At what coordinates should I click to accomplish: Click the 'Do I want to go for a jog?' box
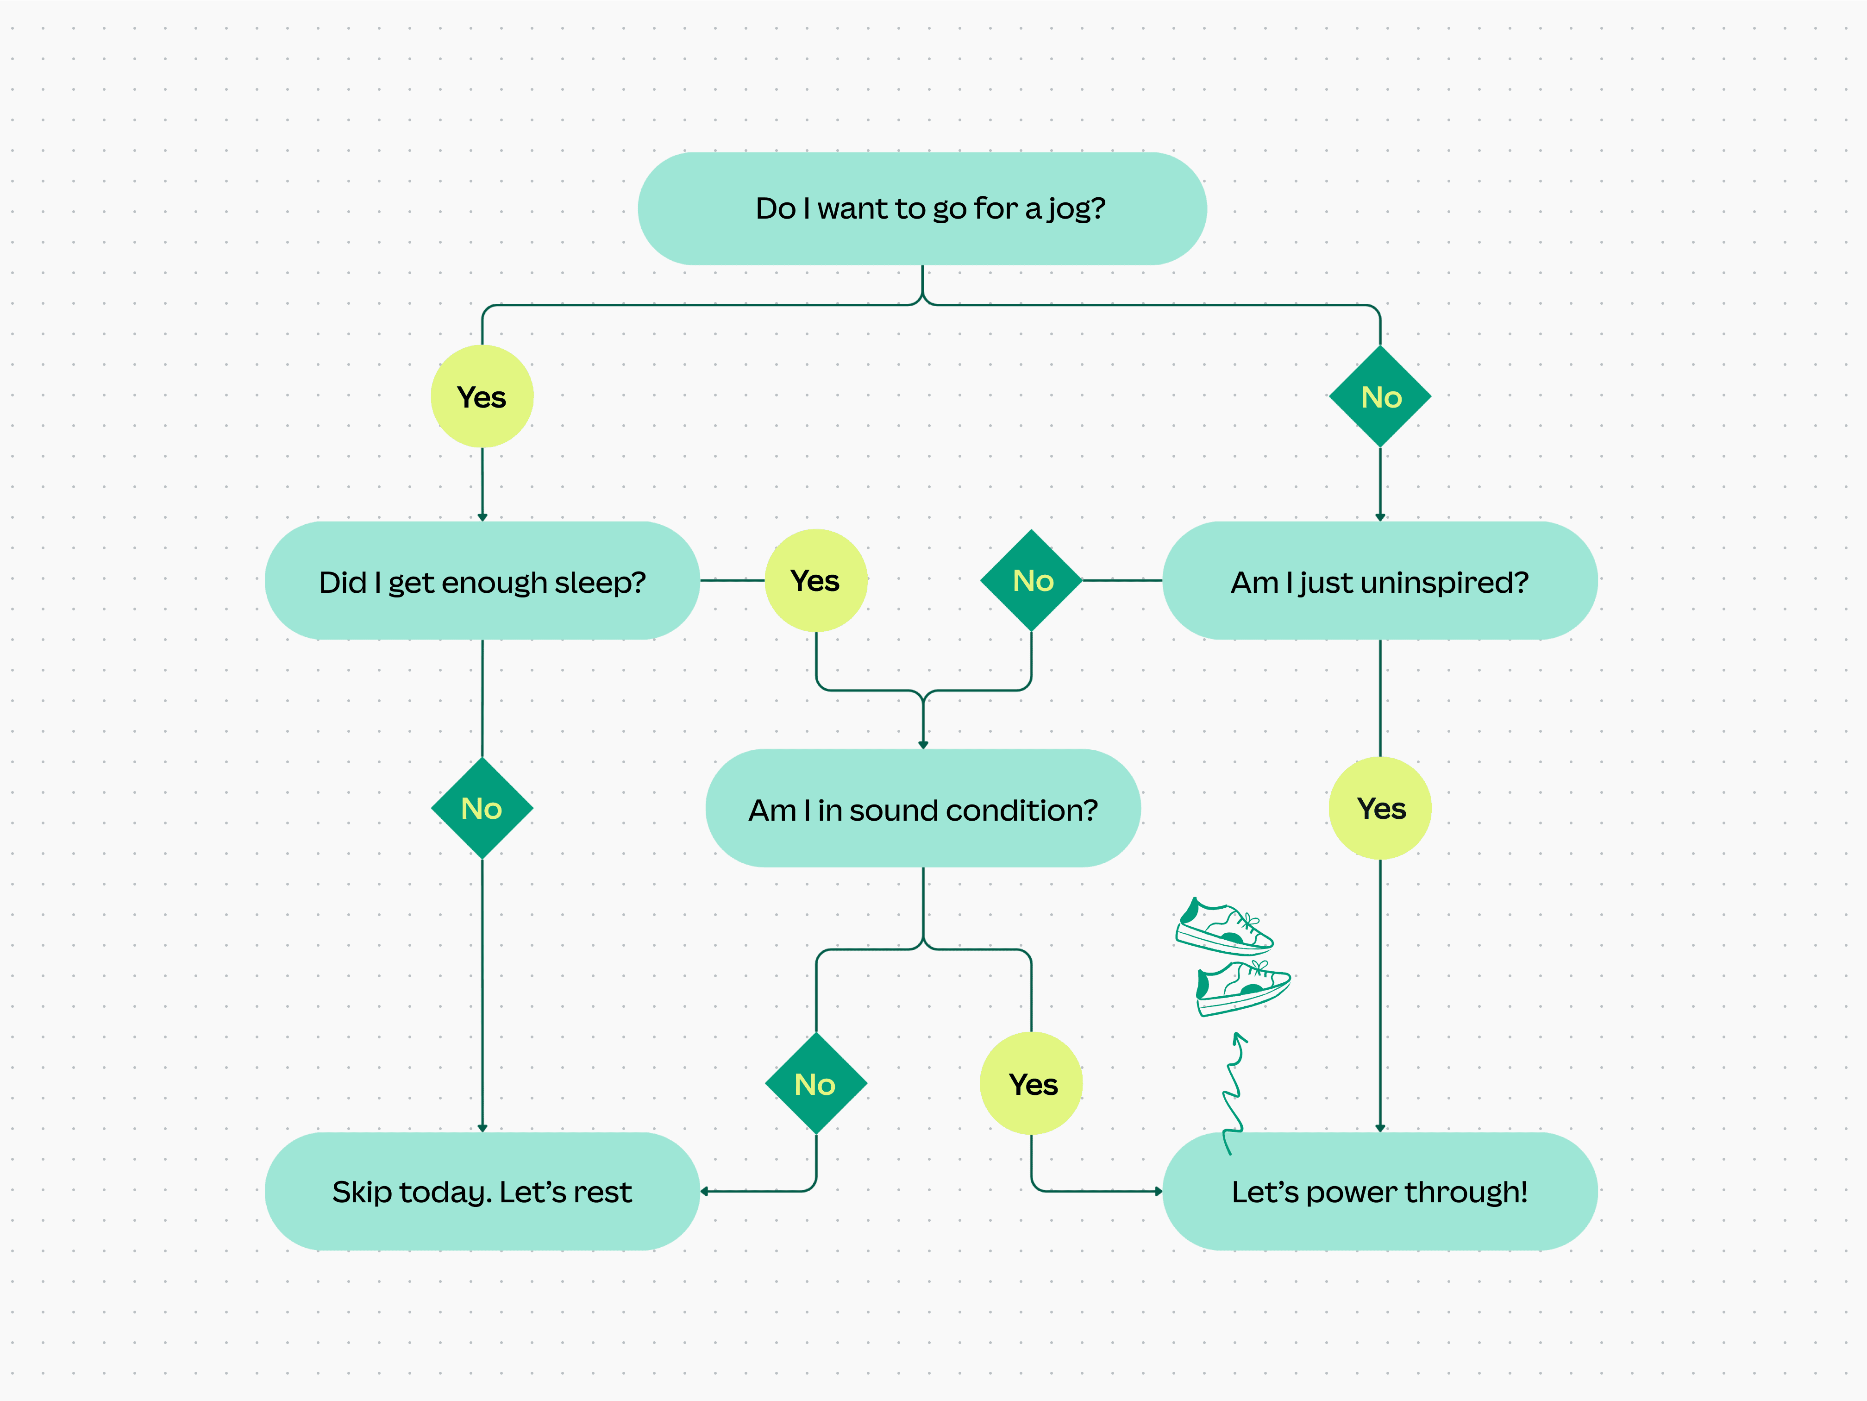[921, 208]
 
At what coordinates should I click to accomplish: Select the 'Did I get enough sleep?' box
[482, 582]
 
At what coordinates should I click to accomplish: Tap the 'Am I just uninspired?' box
[1379, 582]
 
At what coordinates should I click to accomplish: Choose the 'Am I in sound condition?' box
[922, 810]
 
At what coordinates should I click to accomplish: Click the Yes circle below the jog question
[482, 396]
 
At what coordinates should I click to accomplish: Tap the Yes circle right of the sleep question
[815, 581]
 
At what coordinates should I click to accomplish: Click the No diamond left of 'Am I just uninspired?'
[1031, 581]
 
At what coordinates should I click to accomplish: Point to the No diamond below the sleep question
[482, 809]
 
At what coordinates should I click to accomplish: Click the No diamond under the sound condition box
[815, 1084]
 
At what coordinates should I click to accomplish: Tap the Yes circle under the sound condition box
[1031, 1084]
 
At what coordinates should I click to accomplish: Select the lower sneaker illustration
[1242, 987]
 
